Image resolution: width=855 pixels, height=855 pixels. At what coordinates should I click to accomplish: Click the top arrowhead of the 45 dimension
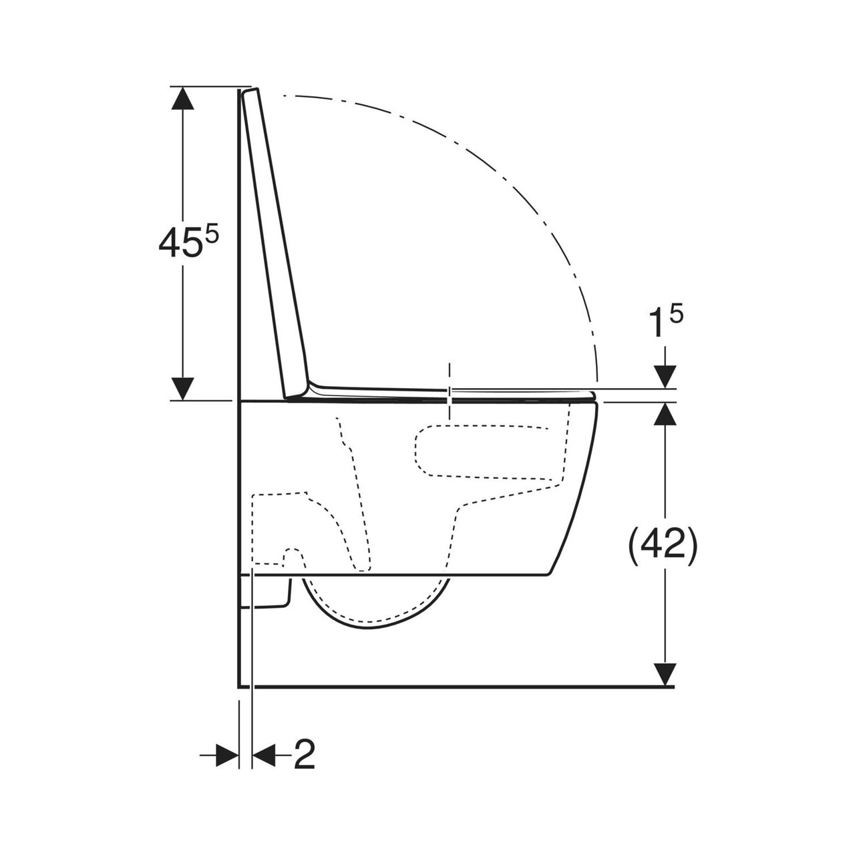click(x=182, y=98)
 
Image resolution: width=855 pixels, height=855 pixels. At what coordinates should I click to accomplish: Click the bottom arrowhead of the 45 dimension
click(x=182, y=389)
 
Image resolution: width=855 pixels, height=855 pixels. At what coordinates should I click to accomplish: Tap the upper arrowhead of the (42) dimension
click(x=664, y=413)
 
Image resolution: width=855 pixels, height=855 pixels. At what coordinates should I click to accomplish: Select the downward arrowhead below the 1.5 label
click(x=665, y=377)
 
